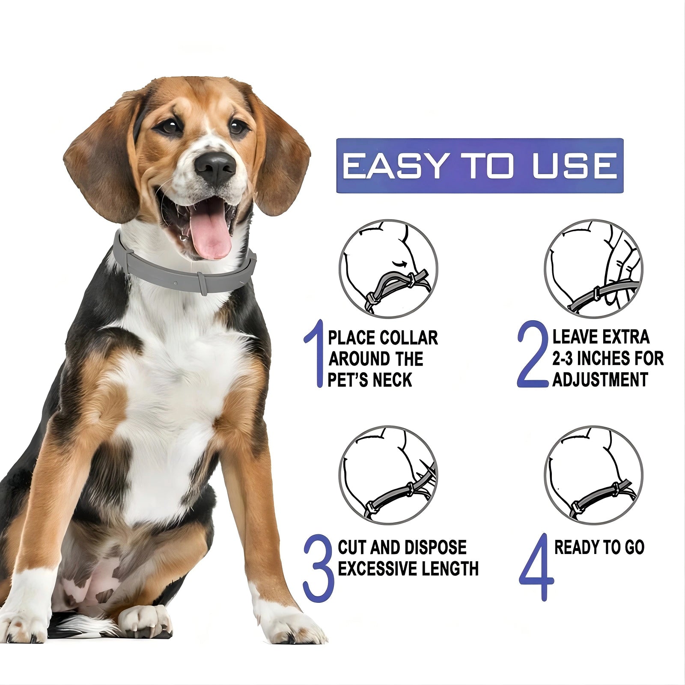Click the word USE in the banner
[x=575, y=166]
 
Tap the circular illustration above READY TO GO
[x=594, y=475]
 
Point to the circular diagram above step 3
[x=388, y=475]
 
